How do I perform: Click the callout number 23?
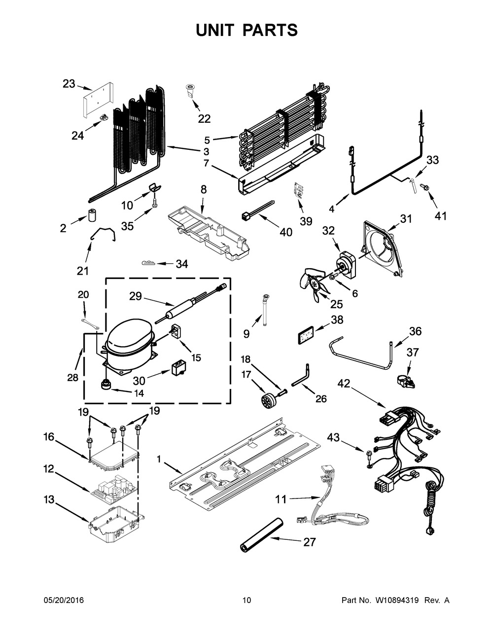coord(69,84)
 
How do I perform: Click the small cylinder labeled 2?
coord(91,216)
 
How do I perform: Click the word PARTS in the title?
coord(268,30)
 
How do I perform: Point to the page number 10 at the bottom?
coord(246,600)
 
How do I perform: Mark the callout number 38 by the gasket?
coord(337,319)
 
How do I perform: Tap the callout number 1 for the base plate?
coord(159,460)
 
